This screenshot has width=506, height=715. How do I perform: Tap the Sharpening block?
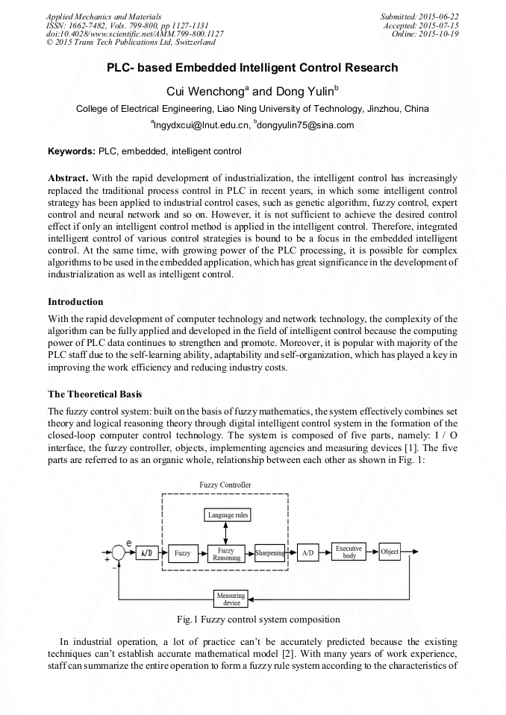[269, 553]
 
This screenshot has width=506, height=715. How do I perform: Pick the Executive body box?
[349, 552]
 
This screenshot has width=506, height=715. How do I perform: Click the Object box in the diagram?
[389, 552]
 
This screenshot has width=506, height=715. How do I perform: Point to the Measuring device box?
[231, 599]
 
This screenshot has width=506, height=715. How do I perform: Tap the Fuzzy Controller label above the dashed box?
[225, 485]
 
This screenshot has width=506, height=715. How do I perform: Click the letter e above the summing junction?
[129, 541]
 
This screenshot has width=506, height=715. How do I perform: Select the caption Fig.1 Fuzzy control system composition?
[258, 620]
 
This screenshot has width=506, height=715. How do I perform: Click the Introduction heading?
[75, 302]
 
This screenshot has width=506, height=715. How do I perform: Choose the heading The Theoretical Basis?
[95, 394]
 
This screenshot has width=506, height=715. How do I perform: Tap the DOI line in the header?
[134, 34]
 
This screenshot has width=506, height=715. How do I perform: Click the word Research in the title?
[361, 68]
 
